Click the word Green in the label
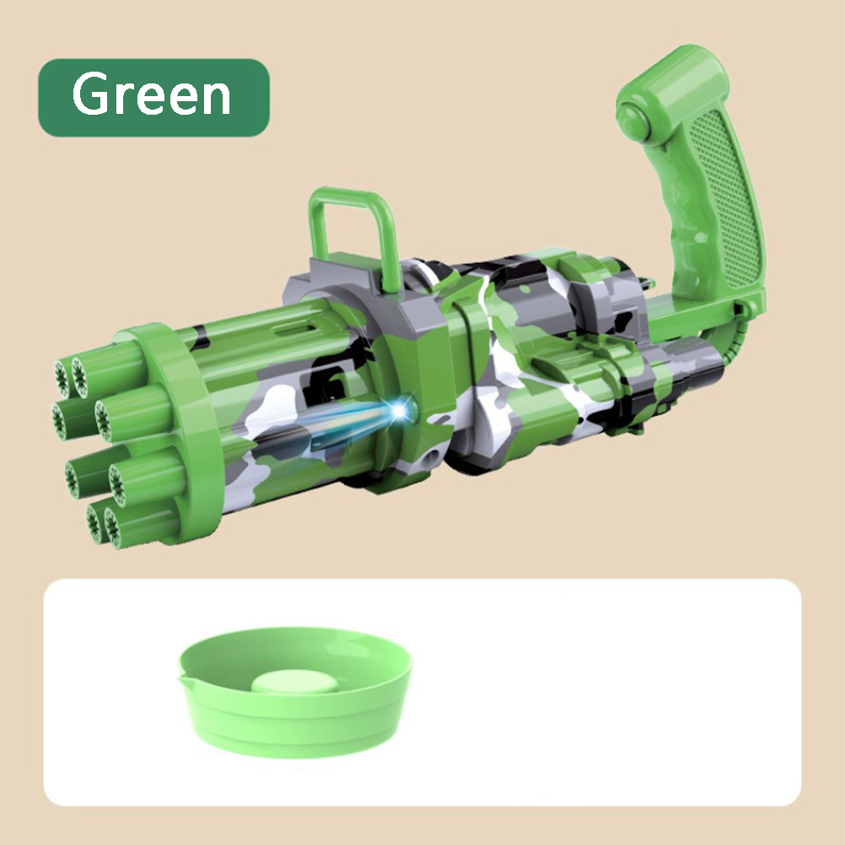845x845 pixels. tap(152, 94)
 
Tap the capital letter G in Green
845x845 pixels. tap(89, 94)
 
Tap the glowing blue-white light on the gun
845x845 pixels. tap(400, 411)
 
